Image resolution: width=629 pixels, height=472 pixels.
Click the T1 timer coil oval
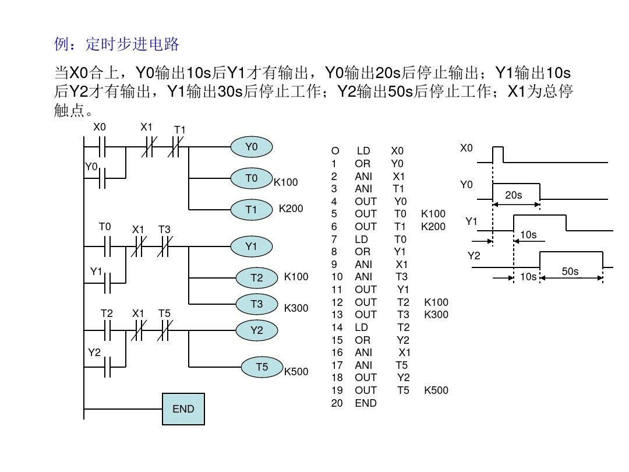pyautogui.click(x=251, y=210)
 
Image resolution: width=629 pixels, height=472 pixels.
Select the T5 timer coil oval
pyautogui.click(x=262, y=367)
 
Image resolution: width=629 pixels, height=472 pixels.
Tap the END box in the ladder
pyautogui.click(x=183, y=408)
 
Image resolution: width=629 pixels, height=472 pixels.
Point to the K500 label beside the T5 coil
pyautogui.click(x=296, y=371)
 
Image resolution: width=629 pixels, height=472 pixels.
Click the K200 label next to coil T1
pyautogui.click(x=291, y=208)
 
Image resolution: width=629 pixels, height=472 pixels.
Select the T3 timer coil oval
pyautogui.click(x=256, y=304)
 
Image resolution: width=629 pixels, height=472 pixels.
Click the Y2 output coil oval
pyautogui.click(x=256, y=330)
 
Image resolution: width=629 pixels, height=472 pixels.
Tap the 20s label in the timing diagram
pyautogui.click(x=513, y=195)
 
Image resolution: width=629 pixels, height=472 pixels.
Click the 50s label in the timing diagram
pyautogui.click(x=570, y=272)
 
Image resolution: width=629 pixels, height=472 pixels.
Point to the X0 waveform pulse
pyautogui.click(x=498, y=154)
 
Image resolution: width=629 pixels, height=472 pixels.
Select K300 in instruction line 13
pyautogui.click(x=436, y=315)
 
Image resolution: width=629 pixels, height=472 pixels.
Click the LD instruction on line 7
pyautogui.click(x=362, y=239)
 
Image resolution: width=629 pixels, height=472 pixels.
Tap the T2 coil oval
pyautogui.click(x=256, y=278)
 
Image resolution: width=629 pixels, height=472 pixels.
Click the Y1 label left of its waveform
pyautogui.click(x=471, y=222)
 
